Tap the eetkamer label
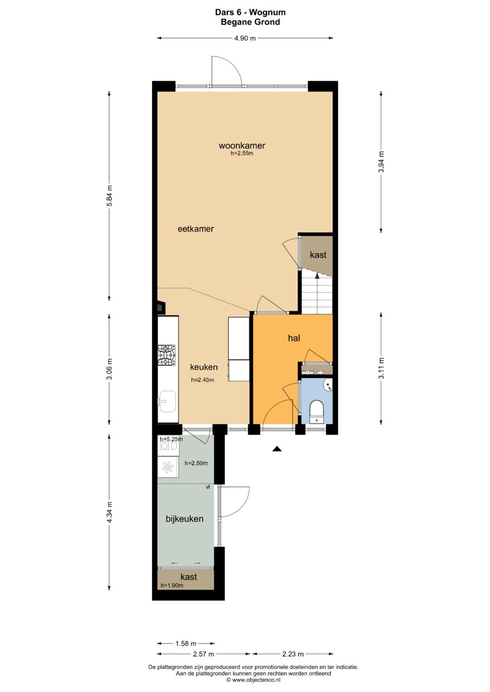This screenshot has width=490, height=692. (x=196, y=229)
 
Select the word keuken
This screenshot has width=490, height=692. (x=204, y=367)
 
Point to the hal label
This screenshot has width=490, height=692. (x=294, y=338)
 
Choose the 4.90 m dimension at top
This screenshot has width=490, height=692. (x=245, y=39)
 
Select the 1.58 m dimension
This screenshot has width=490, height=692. (x=186, y=645)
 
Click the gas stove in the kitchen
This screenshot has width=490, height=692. (x=167, y=355)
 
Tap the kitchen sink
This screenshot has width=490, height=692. (x=167, y=402)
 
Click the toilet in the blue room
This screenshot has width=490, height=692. (x=317, y=411)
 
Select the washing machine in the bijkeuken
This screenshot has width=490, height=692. (x=168, y=446)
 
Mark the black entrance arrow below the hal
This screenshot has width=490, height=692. (x=277, y=449)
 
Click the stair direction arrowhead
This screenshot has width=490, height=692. (x=317, y=276)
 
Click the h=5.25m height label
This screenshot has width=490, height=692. (x=171, y=439)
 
